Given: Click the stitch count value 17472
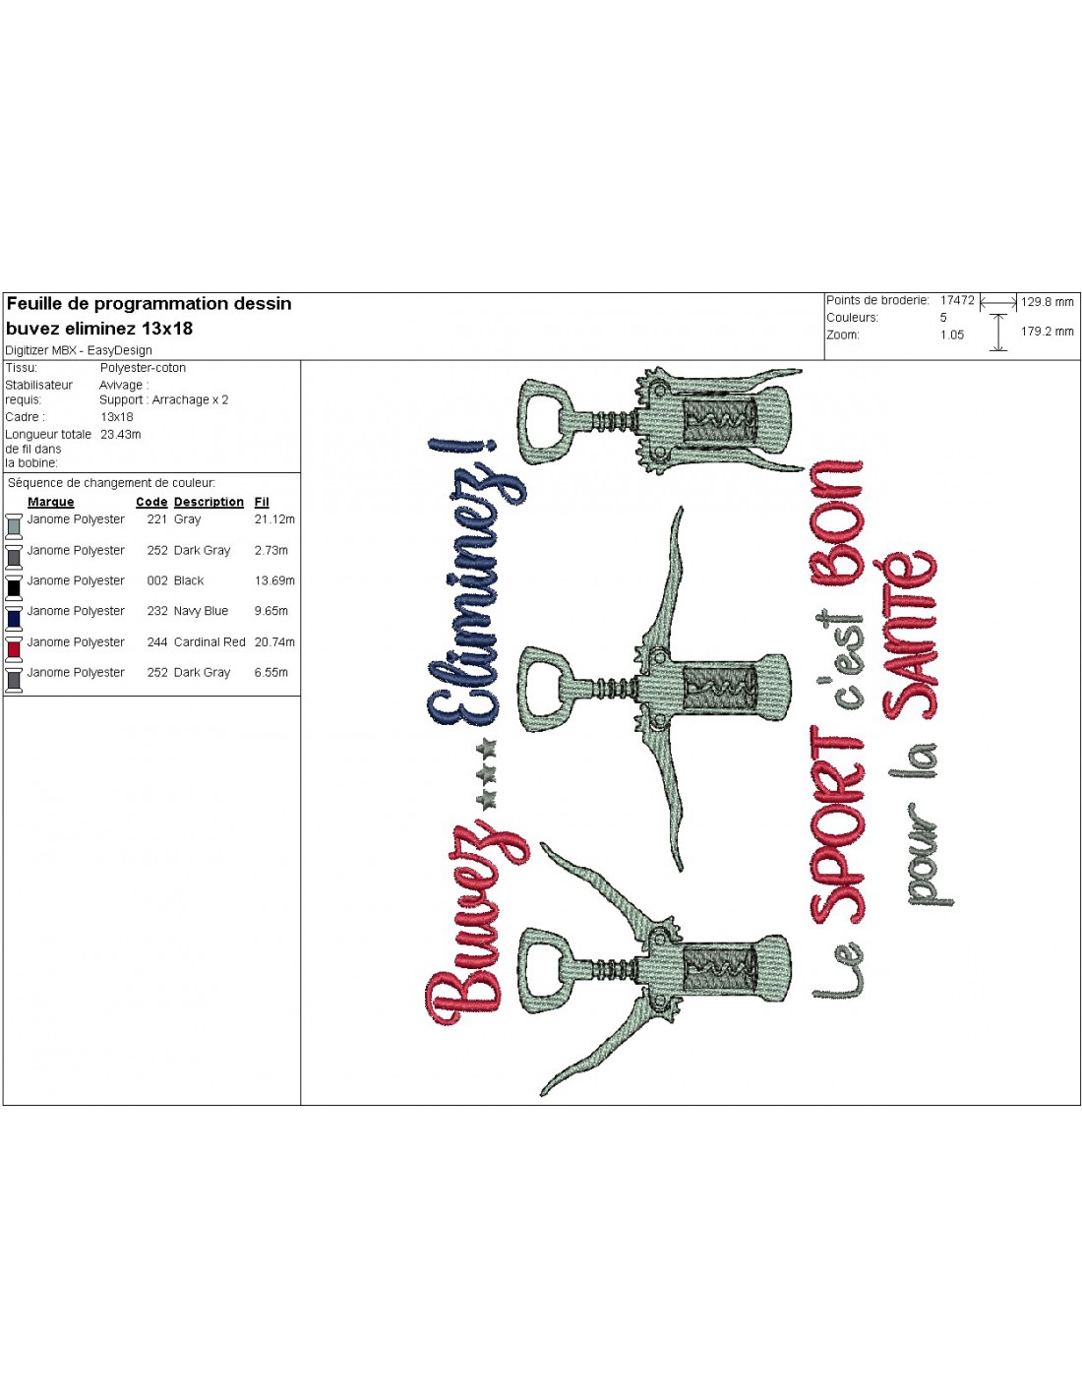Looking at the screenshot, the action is tap(957, 300).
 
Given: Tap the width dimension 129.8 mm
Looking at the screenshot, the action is tap(1048, 301).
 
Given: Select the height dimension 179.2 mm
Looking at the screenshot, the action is tap(1048, 332).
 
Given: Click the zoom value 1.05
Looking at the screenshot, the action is tap(952, 335).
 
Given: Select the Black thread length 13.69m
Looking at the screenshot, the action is tap(274, 580).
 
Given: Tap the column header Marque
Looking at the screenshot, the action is tap(51, 502).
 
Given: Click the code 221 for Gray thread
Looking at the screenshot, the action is tap(157, 518).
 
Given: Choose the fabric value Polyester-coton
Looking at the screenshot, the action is tap(143, 368).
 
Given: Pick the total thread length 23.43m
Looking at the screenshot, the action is tap(121, 435).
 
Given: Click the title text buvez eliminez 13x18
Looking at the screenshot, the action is tap(99, 329).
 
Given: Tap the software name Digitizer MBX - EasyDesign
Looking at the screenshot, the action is tap(79, 351).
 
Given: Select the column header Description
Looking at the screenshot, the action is tap(209, 502).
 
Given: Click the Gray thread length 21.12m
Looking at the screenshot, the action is tap(274, 518).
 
